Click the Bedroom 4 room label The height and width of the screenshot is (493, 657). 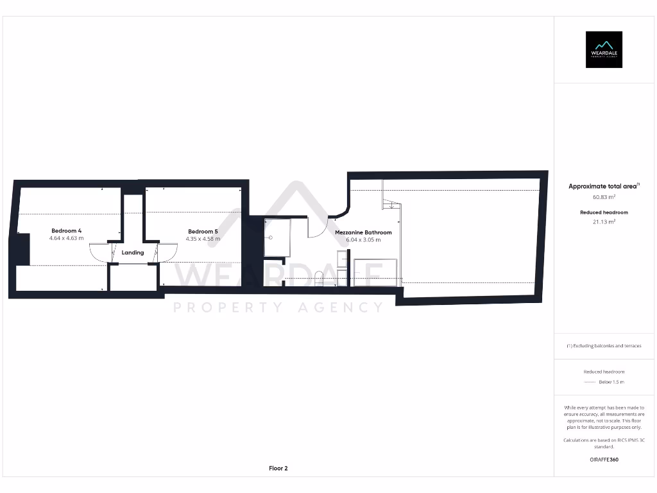click(67, 230)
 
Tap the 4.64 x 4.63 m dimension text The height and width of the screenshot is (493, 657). click(67, 238)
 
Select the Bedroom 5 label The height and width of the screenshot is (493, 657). click(203, 231)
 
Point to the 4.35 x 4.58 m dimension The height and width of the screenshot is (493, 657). click(203, 239)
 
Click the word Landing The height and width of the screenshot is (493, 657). click(133, 253)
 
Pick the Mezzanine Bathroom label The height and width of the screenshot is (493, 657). click(363, 232)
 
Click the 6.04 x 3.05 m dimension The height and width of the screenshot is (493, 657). click(363, 240)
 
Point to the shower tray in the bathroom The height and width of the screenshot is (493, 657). click(277, 238)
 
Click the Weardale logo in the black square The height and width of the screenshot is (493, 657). click(604, 49)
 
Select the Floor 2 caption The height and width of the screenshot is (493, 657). click(278, 469)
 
